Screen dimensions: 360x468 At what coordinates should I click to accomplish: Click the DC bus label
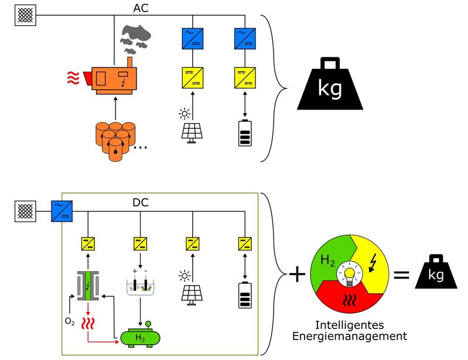coord(140,202)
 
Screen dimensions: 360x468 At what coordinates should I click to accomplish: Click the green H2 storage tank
coord(139,337)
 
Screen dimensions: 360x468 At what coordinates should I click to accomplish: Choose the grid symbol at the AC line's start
coord(25,13)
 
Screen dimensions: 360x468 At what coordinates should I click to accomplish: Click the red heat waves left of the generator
coord(73,76)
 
